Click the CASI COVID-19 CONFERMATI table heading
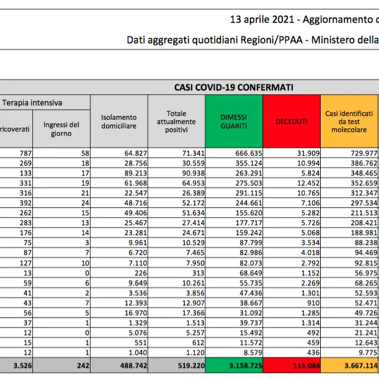pyautogui.click(x=234, y=87)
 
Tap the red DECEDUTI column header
pyautogui.click(x=291, y=122)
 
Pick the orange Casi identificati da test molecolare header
pyautogui.click(x=349, y=122)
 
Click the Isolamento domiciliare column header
pyautogui.click(x=118, y=122)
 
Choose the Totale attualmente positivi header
pyautogui.click(x=176, y=122)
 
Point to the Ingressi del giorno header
pyautogui.click(x=61, y=128)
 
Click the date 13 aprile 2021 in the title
pyautogui.click(x=261, y=20)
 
